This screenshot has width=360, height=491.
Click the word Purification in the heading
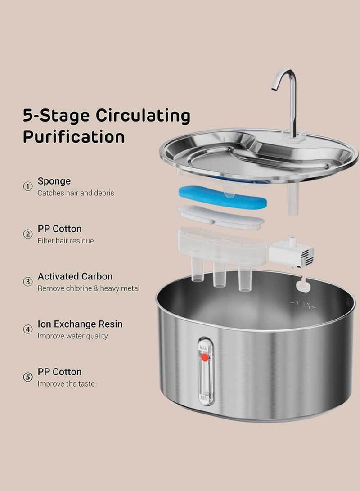pyautogui.click(x=74, y=137)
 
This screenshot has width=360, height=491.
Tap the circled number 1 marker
pyautogui.click(x=28, y=186)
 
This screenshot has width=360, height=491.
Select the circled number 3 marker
pyautogui.click(x=28, y=282)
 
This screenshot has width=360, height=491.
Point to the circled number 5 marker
pyautogui.click(x=28, y=377)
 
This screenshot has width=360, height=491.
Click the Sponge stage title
pyautogui.click(x=54, y=181)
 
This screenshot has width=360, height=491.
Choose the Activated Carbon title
pyautogui.click(x=75, y=276)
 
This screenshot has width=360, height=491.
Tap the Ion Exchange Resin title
pyautogui.click(x=80, y=324)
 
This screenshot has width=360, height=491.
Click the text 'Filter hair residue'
pyautogui.click(x=66, y=240)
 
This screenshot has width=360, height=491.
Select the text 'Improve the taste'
pyautogui.click(x=66, y=383)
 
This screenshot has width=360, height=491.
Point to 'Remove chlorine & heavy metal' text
pyautogui.click(x=89, y=288)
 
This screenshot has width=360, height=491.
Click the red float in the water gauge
pyautogui.click(x=205, y=357)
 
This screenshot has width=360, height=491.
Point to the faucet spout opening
pyautogui.click(x=274, y=89)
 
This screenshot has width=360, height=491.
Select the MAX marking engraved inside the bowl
pyautogui.click(x=303, y=304)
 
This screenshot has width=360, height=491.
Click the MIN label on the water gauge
pyautogui.click(x=204, y=399)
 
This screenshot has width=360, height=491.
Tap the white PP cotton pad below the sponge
pyautogui.click(x=221, y=217)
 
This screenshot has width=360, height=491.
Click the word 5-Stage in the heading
pyautogui.click(x=56, y=116)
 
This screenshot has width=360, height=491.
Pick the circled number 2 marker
pyautogui.click(x=28, y=234)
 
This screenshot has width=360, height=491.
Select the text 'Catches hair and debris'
pyautogui.click(x=76, y=193)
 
